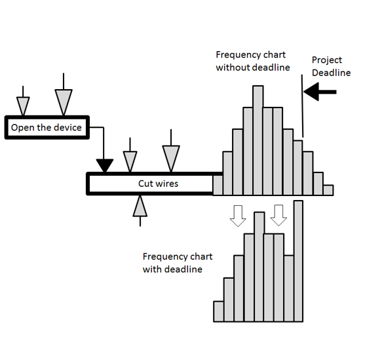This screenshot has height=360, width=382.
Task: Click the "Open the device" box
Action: point(47,127)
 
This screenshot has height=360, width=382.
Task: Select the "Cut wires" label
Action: point(158,184)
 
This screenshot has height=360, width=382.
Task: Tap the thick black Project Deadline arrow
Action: point(320,92)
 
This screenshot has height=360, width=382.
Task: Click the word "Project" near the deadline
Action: point(327,60)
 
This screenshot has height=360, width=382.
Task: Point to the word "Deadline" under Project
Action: point(331,73)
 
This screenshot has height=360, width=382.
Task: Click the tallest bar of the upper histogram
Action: point(258,140)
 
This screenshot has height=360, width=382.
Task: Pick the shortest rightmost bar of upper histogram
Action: point(328,190)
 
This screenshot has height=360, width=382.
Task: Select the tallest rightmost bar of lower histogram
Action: point(298,261)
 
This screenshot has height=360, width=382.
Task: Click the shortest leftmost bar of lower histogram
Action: point(219,311)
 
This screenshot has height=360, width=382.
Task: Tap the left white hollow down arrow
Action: point(238,216)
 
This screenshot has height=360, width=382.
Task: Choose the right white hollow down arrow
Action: point(278,215)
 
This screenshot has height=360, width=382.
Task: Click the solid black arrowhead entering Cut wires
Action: point(105,165)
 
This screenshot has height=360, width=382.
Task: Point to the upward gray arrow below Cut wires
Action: point(140,211)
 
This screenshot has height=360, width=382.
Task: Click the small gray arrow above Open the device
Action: point(23,101)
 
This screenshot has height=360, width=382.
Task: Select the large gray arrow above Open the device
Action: point(64,94)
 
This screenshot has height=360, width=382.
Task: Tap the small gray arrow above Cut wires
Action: point(130,155)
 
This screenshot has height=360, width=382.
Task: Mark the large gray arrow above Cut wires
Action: point(171,151)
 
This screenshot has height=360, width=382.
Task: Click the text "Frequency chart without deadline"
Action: point(253,61)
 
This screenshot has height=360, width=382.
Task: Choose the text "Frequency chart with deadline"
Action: point(178,263)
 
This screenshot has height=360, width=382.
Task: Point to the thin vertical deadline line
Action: point(302,106)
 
